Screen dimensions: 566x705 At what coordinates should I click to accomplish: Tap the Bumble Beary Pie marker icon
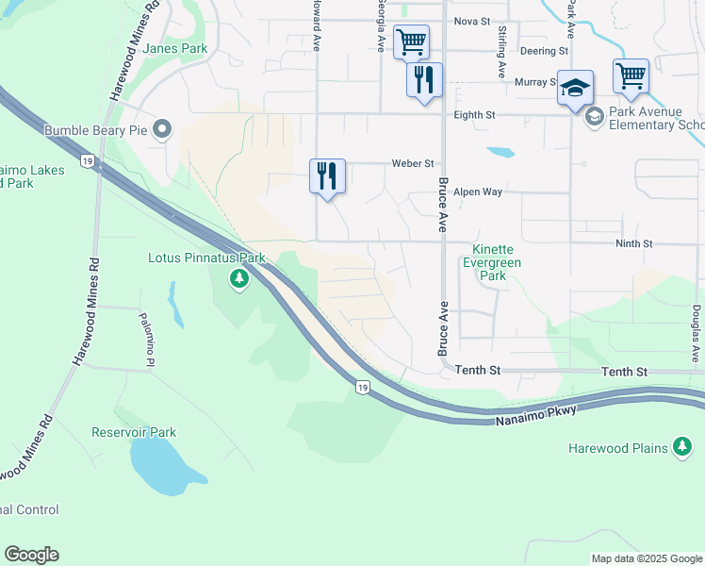tap(163, 129)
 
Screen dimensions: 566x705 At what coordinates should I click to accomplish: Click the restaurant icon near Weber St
tap(327, 175)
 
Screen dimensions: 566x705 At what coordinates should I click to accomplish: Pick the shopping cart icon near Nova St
tap(411, 42)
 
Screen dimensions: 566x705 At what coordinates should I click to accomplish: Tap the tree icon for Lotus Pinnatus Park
tap(239, 278)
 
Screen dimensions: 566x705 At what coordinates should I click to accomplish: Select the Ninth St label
tap(633, 243)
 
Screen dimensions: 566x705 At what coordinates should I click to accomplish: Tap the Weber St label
tap(413, 163)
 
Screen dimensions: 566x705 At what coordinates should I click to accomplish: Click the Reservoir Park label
tap(134, 433)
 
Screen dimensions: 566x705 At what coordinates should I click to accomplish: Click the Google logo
tap(31, 555)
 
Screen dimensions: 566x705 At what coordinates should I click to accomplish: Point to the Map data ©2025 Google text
tap(646, 558)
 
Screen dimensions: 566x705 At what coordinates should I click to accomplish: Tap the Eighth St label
tap(474, 115)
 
